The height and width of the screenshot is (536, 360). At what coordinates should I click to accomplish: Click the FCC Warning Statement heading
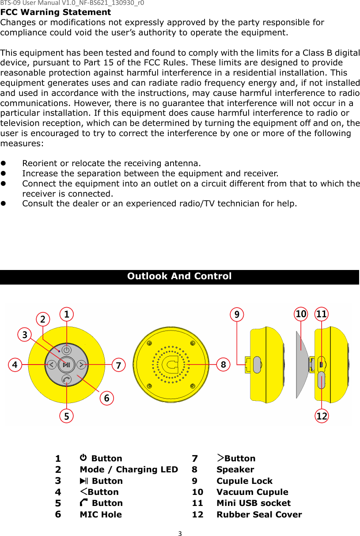click(56, 12)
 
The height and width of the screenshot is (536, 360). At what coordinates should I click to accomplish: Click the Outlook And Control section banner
click(179, 277)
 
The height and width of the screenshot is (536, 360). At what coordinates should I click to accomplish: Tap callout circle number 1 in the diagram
click(67, 314)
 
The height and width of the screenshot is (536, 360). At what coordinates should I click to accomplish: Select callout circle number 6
click(106, 398)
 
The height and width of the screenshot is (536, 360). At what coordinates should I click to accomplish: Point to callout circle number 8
click(224, 365)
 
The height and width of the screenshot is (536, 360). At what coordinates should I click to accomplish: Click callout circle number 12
click(322, 416)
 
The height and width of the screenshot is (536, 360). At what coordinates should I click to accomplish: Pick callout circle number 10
click(301, 314)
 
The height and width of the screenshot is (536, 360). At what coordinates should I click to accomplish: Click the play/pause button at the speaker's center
click(67, 365)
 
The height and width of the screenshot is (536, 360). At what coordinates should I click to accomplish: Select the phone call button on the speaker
click(67, 379)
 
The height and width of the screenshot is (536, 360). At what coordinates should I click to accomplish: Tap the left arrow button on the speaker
click(52, 365)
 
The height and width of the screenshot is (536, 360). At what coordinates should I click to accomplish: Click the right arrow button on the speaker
click(82, 365)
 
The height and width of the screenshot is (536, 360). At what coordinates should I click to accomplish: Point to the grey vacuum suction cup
click(302, 362)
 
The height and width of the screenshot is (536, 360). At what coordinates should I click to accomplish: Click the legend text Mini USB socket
click(254, 503)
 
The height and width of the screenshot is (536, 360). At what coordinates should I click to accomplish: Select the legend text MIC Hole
click(101, 514)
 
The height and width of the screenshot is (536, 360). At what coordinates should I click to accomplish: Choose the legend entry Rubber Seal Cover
click(259, 514)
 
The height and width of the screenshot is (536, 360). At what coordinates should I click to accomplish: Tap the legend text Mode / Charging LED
click(129, 470)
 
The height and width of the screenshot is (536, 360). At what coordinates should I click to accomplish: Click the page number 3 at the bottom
click(180, 533)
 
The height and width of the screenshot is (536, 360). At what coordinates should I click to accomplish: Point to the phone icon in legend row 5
click(84, 502)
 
